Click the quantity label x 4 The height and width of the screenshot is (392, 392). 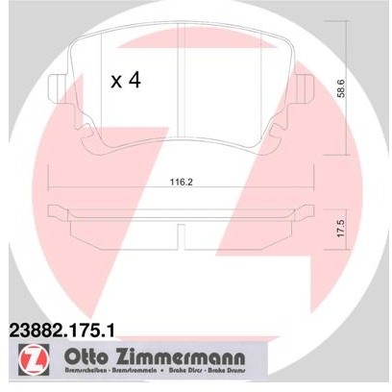125,81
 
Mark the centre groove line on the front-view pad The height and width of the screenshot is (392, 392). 183,96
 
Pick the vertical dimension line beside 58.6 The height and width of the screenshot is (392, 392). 347,91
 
